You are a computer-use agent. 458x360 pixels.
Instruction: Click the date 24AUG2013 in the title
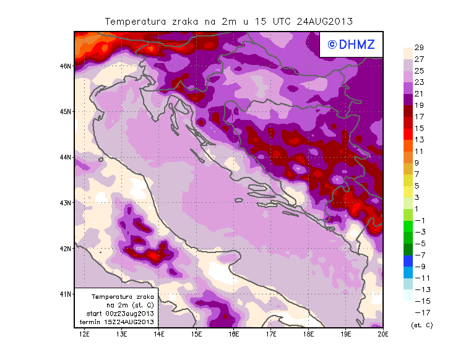tap(325, 21)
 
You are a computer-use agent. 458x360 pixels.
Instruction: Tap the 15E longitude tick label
tap(196, 334)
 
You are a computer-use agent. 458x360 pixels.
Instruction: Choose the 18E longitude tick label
tap(308, 334)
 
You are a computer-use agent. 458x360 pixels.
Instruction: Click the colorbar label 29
tap(419, 48)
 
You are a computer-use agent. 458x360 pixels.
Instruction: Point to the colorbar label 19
tap(419, 105)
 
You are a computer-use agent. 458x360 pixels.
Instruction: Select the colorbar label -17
tap(420, 312)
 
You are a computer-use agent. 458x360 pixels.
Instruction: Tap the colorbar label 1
tap(418, 208)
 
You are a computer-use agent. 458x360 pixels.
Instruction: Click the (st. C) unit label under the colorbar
tap(421, 325)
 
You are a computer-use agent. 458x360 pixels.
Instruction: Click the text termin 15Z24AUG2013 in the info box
tap(117, 322)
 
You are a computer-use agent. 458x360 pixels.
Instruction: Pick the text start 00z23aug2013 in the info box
tap(117, 314)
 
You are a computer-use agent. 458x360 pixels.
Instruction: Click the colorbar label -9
tap(420, 266)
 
